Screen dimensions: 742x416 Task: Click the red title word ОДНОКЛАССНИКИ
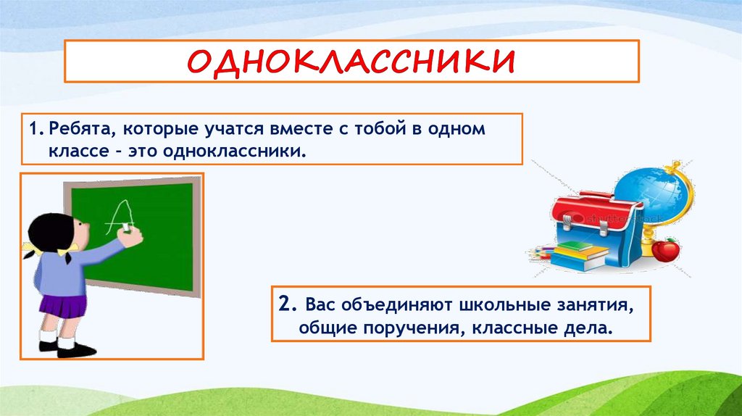(x=351, y=61)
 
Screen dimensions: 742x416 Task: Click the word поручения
(x=413, y=328)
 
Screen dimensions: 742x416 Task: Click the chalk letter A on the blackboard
(x=119, y=217)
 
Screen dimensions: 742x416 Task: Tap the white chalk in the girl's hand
(x=126, y=228)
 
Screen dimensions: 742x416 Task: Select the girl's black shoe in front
(x=75, y=351)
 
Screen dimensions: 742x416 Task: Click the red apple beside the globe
(x=665, y=249)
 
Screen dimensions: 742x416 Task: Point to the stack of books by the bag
(x=580, y=256)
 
